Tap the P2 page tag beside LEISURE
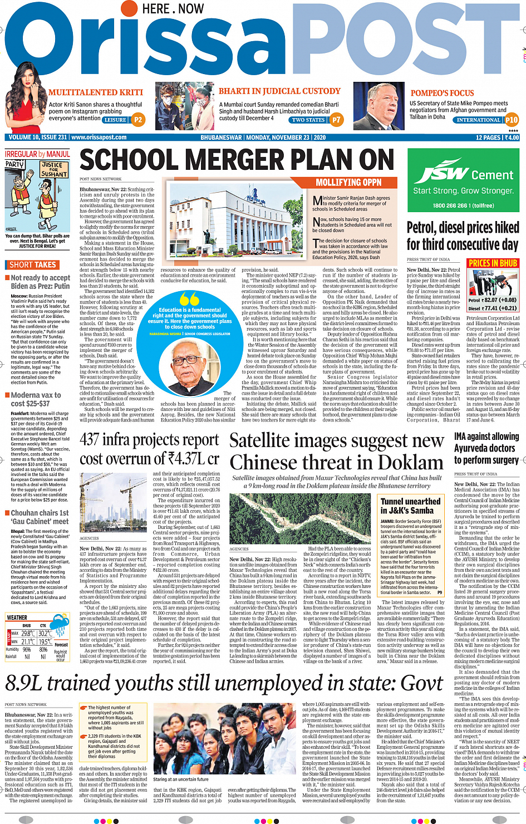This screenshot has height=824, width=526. coord(138,119)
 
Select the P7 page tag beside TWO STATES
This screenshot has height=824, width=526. coord(336,119)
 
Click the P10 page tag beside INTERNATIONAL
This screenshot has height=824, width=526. coord(512,120)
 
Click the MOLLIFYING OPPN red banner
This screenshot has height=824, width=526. coord(348,182)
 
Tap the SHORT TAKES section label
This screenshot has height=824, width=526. coord(33,264)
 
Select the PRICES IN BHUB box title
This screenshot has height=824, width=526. coord(493,263)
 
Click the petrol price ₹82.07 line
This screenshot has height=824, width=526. coord(493,300)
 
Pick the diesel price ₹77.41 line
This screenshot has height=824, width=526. coord(493,308)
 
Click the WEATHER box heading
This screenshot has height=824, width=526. coord(17,617)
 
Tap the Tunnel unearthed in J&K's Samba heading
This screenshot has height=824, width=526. coord(411,506)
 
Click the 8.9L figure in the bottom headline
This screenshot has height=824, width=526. coord(27,683)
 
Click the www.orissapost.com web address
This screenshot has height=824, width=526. coord(99,137)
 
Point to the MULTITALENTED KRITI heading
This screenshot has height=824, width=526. coord(96,92)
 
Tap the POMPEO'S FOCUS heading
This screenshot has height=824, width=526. coord(443,93)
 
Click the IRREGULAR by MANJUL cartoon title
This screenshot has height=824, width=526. coord(37,154)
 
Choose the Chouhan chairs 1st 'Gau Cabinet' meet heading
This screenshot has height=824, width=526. coord(40,517)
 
